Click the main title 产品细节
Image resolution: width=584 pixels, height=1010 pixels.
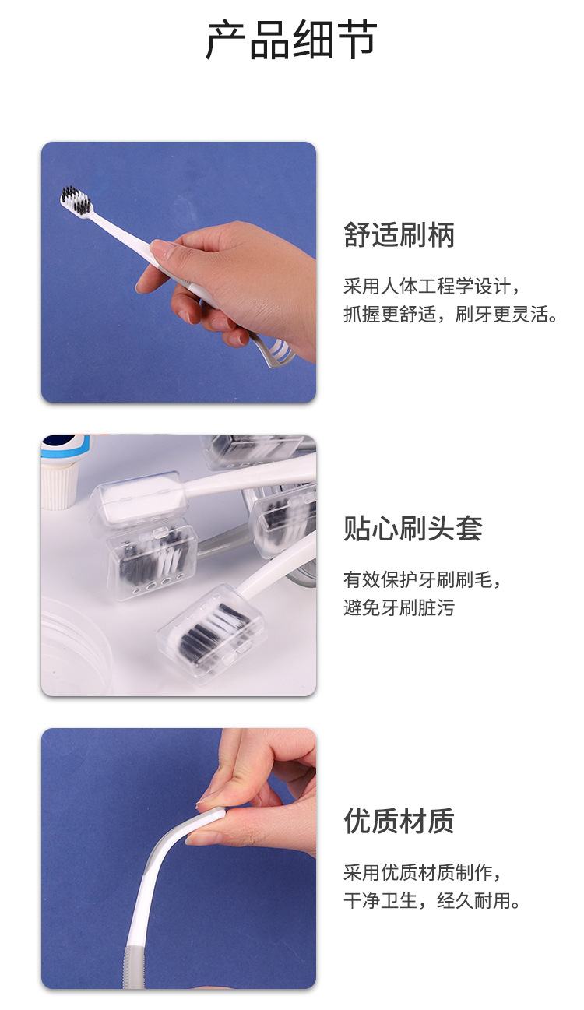pyautogui.click(x=291, y=40)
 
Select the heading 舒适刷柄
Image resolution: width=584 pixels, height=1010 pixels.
pyautogui.click(x=399, y=235)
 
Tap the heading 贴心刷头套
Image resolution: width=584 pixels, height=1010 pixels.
pyautogui.click(x=413, y=528)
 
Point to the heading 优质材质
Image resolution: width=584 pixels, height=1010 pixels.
pyautogui.click(x=399, y=821)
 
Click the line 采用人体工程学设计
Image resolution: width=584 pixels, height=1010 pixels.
pyautogui.click(x=431, y=287)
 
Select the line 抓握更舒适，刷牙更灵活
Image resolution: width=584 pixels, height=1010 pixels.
pyautogui.click(x=450, y=315)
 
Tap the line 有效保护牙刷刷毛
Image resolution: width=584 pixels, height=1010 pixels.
pyautogui.click(x=422, y=579)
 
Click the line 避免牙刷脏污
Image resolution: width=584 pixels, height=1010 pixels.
pyautogui.click(x=399, y=607)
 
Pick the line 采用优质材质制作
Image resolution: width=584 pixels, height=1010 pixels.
pyautogui.click(x=422, y=872)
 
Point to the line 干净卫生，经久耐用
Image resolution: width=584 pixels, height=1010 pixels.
pyautogui.click(x=431, y=900)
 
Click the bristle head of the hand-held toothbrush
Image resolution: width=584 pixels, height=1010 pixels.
pyautogui.click(x=76, y=200)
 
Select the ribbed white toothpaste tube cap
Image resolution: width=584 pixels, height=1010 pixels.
pyautogui.click(x=59, y=487)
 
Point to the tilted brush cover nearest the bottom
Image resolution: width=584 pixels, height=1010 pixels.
pyautogui.click(x=209, y=632)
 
